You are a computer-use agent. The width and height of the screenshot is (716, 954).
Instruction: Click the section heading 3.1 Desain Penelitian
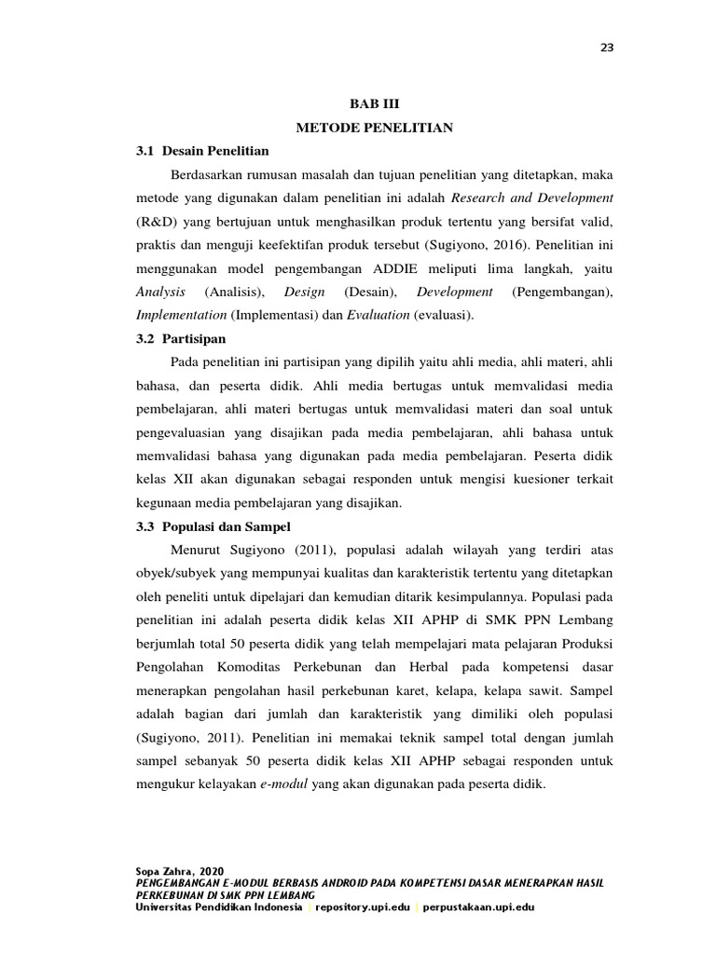point(202,150)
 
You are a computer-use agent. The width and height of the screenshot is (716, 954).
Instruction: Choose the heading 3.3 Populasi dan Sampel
point(213,526)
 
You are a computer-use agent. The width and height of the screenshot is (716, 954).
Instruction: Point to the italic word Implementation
point(181,315)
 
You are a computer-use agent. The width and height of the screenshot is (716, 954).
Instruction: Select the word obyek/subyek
point(178,573)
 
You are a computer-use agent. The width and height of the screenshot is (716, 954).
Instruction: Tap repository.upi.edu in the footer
point(362,906)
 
